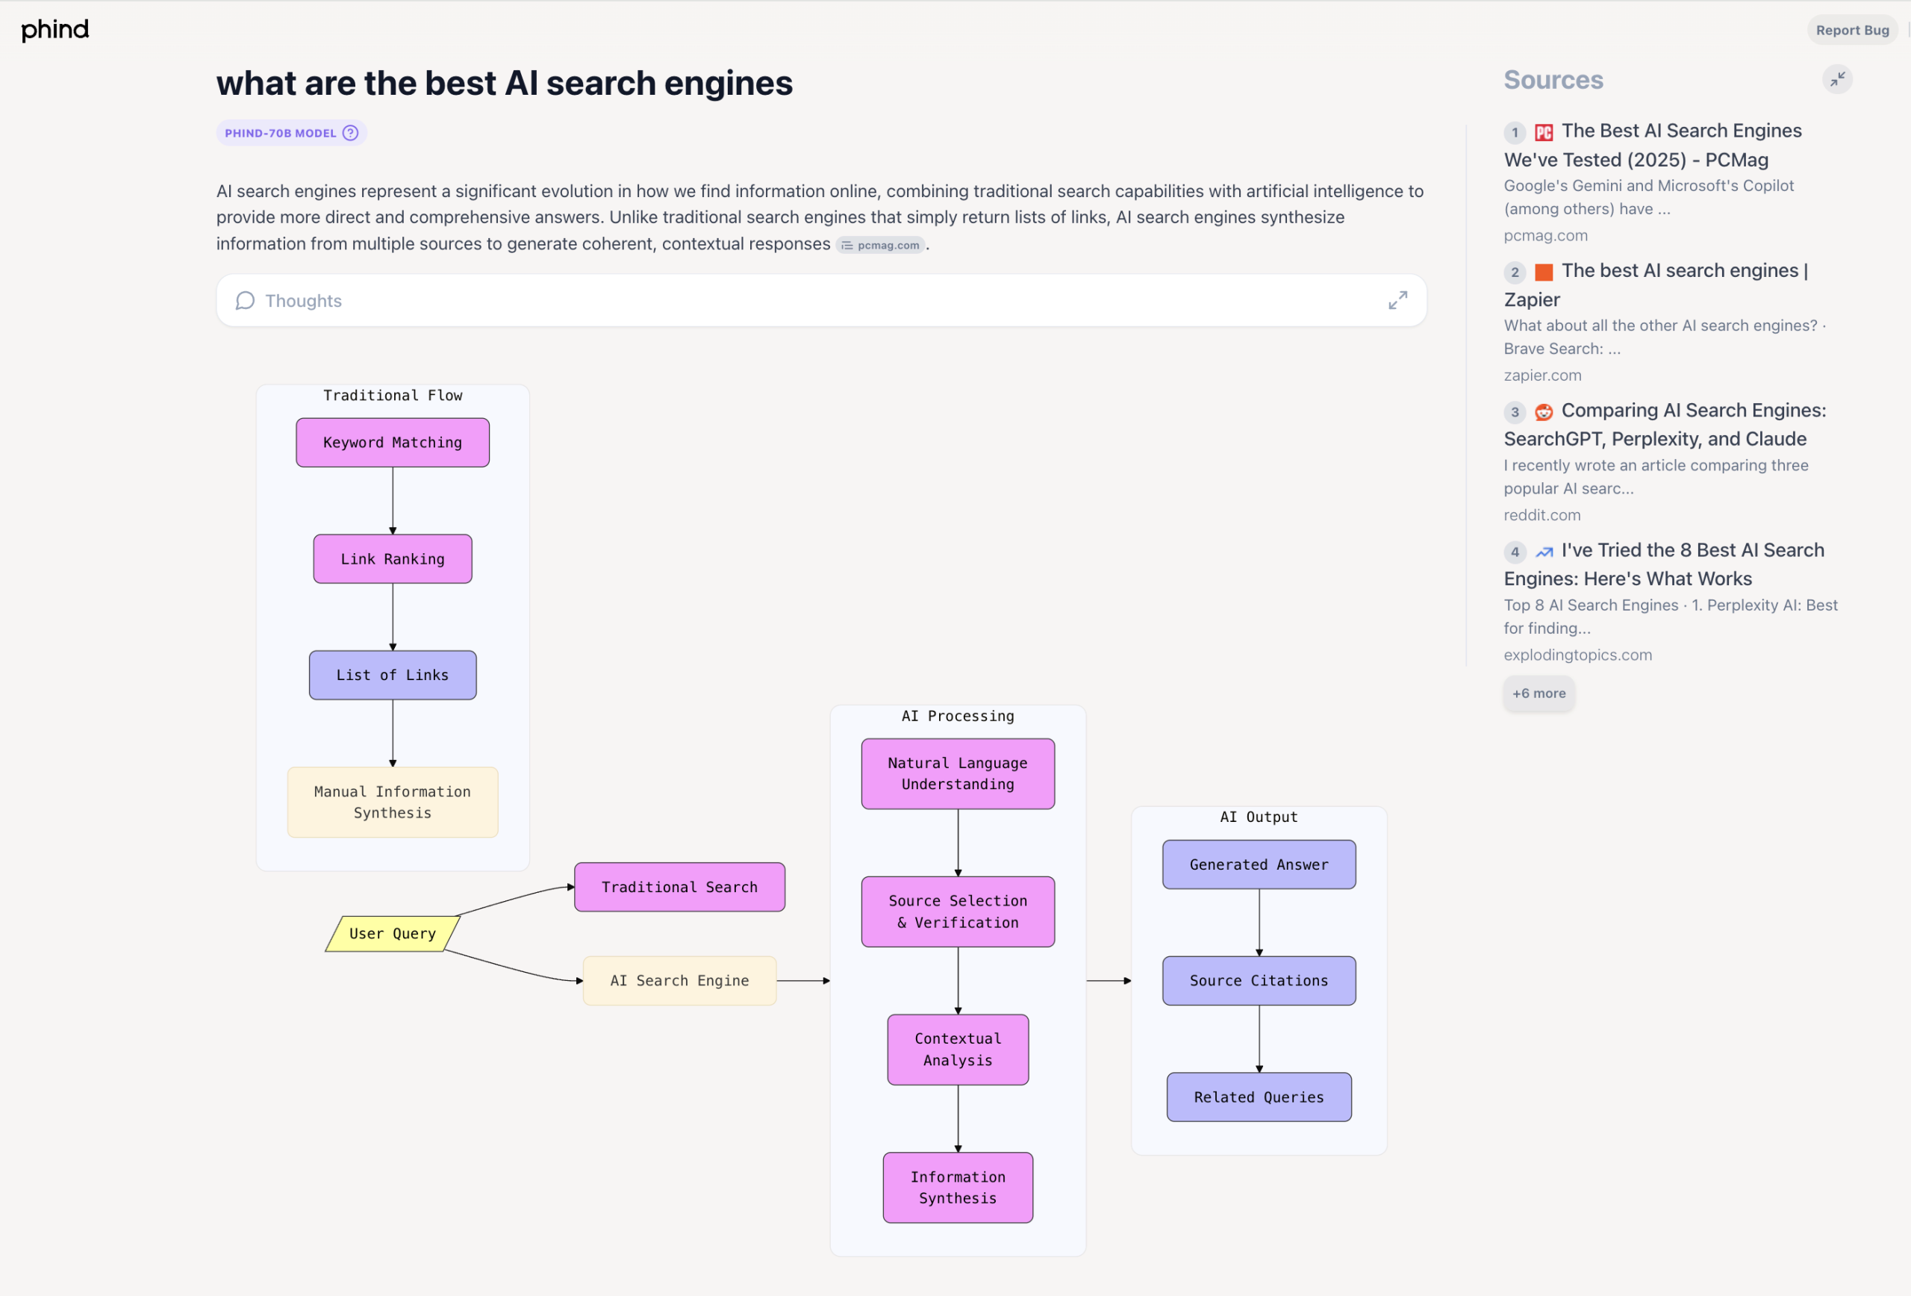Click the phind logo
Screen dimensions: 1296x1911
click(x=54, y=30)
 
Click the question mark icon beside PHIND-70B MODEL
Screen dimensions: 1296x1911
click(x=350, y=133)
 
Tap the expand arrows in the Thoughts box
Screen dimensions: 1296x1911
click(x=1397, y=300)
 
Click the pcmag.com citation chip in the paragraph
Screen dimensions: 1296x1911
click(x=881, y=245)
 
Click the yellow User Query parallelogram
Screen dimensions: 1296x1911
click(x=392, y=933)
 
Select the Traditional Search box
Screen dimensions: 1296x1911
click(x=679, y=886)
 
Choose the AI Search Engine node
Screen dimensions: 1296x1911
click(x=679, y=980)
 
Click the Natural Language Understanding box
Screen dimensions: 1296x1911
click(x=957, y=773)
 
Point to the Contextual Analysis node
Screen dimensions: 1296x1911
click(x=957, y=1050)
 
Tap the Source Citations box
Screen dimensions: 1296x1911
click(x=1258, y=980)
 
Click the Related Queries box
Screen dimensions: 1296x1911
click(x=1258, y=1097)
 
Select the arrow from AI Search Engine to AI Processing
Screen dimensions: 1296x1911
click(x=802, y=980)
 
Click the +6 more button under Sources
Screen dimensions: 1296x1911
click(x=1539, y=694)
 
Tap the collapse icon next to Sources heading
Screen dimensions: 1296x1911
click(x=1837, y=79)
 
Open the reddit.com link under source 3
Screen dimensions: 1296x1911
click(x=1541, y=515)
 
